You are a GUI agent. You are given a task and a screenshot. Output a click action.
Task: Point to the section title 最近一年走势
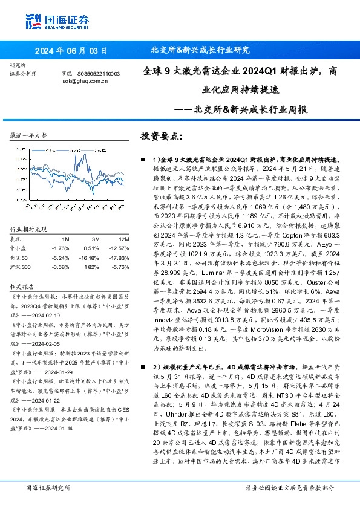(x=29, y=135)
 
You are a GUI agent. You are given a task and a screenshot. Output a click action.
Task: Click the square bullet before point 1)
(x=140, y=159)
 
